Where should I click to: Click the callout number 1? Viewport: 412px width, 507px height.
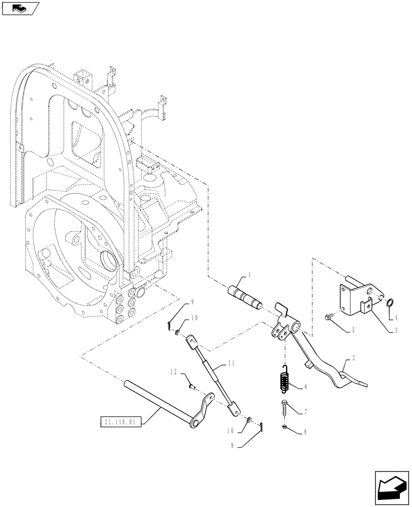pyautogui.click(x=250, y=275)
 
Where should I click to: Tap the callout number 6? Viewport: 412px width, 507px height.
pyautogui.click(x=306, y=387)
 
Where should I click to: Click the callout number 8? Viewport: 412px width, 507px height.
pyautogui.click(x=306, y=433)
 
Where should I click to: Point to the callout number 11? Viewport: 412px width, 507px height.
pyautogui.click(x=232, y=363)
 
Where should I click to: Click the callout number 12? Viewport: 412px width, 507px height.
pyautogui.click(x=174, y=373)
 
